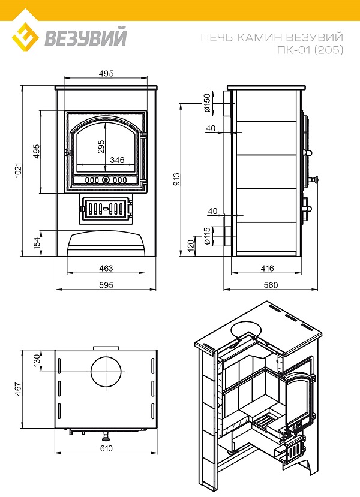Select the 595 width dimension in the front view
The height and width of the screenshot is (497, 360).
(106, 285)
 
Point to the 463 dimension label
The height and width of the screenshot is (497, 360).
(106, 268)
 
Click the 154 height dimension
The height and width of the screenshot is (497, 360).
(37, 243)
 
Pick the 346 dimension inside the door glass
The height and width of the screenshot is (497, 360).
(117, 160)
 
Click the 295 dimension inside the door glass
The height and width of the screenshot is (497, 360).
(101, 147)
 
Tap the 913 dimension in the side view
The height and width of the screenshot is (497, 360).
(177, 179)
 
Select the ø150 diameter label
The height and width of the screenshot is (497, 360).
(207, 103)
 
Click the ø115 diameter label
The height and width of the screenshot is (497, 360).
(207, 236)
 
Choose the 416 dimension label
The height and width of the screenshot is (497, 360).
(267, 268)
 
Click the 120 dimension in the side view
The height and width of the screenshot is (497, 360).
(191, 245)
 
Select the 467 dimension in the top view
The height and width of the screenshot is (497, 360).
(19, 390)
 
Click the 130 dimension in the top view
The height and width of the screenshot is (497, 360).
(37, 360)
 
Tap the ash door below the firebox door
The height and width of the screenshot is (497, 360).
(106, 209)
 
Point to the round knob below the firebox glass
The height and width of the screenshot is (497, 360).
(106, 180)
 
